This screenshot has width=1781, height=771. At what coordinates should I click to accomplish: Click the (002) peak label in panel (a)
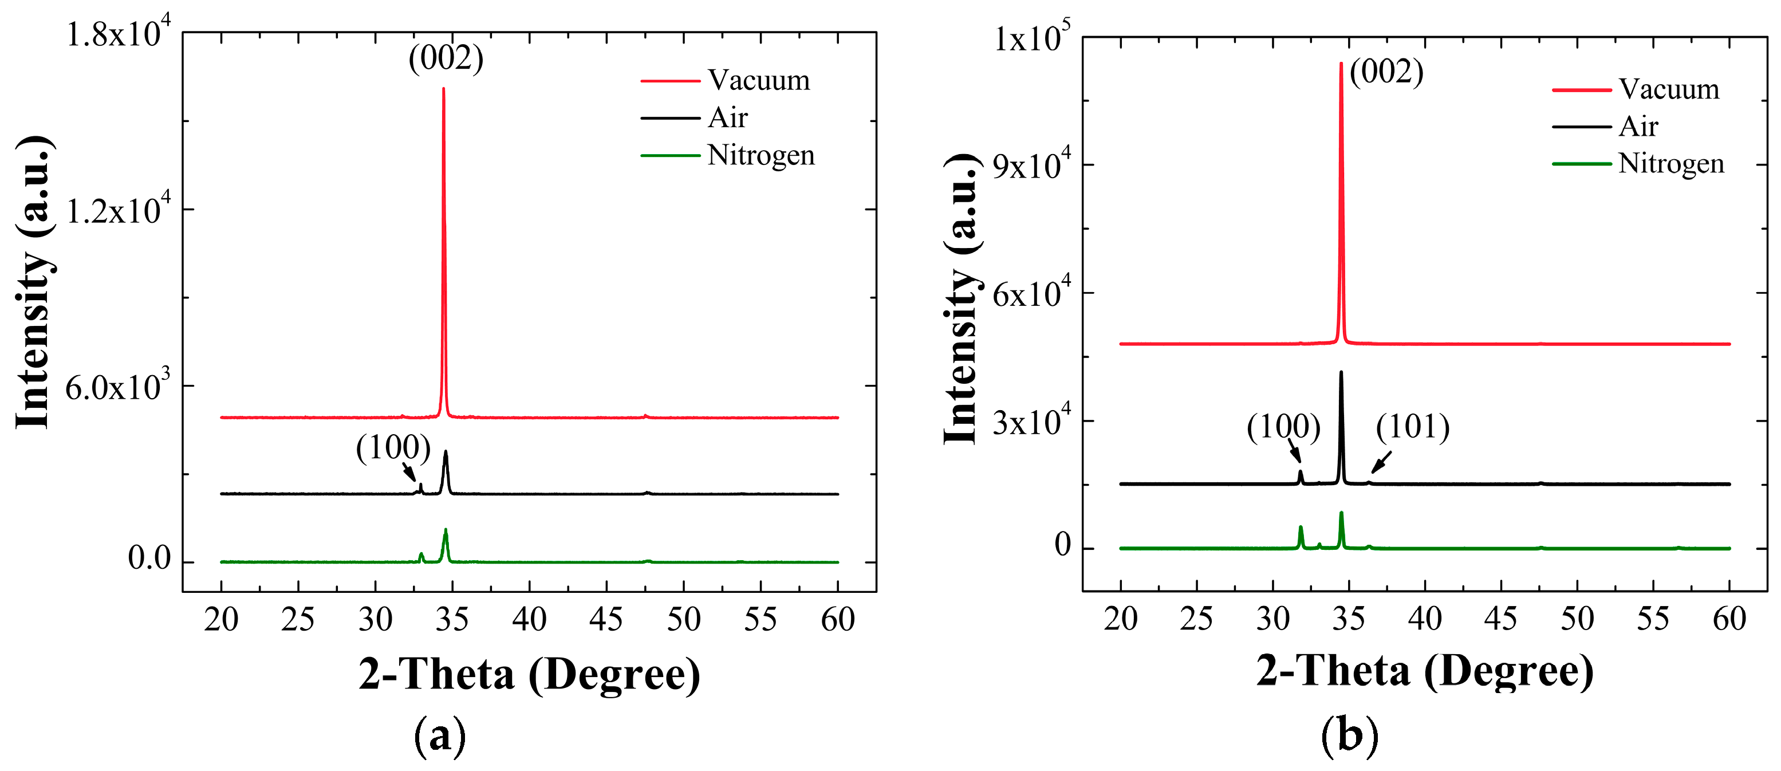click(446, 58)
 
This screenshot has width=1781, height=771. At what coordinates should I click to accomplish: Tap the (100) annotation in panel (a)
click(393, 448)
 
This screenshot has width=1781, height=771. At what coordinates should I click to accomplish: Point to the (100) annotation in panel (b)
click(1283, 427)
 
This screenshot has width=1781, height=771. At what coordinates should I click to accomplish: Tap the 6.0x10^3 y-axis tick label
click(117, 387)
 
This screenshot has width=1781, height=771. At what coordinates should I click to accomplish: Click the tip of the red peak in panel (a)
click(443, 89)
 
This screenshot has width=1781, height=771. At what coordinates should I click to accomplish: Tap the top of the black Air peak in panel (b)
click(1341, 372)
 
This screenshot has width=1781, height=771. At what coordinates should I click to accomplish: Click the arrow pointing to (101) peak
click(1381, 462)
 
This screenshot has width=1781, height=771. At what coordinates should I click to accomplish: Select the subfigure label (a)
click(440, 737)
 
